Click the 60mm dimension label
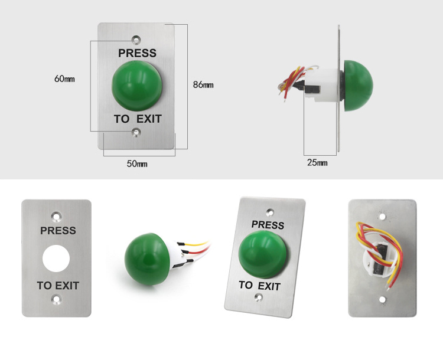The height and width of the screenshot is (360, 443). coord(64,78)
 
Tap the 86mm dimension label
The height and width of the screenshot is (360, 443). coord(203,84)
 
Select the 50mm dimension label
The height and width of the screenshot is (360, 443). coord(137,163)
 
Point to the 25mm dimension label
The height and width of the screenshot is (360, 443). coord(317,163)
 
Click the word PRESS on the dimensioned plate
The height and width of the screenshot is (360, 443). coord(137,53)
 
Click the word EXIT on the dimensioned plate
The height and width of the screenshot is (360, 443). coord(149,119)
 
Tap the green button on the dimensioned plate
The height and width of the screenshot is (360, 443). coord(137,85)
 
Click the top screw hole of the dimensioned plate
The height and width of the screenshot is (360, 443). coord(136,40)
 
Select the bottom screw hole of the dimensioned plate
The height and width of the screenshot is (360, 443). coord(136,132)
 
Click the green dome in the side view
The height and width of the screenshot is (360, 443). coord(359,86)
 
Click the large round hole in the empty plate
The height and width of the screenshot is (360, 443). coord(56,258)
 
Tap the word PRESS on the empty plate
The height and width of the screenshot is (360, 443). coord(58,230)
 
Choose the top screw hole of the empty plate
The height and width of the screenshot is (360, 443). coord(57,217)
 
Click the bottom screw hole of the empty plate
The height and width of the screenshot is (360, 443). coord(57,299)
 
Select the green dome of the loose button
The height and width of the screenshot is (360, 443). coord(147,259)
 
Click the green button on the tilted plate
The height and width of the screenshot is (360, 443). coord(262,254)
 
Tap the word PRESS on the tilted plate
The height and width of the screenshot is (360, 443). coord(268,225)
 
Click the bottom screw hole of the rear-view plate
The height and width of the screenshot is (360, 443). coord(383,300)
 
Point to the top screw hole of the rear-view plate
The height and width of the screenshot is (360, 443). coord(383,217)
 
